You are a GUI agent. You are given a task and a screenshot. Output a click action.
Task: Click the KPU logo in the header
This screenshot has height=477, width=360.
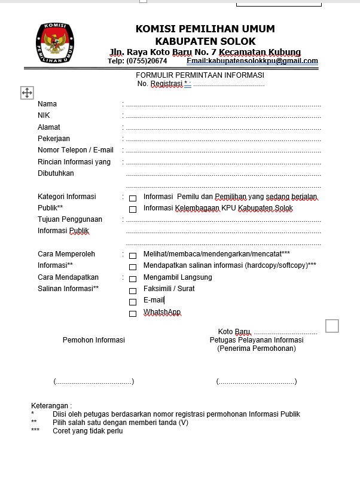point(56,43)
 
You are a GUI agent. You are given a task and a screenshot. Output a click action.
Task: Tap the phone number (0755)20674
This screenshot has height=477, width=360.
point(147,61)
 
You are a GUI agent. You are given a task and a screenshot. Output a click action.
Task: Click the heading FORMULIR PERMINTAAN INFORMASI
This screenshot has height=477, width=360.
point(200,75)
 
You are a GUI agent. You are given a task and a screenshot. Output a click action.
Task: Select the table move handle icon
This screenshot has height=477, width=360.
point(27,93)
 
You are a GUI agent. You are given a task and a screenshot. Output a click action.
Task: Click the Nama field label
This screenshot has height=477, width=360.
point(47,104)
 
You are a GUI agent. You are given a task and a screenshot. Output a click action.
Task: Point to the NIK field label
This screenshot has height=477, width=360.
point(44,115)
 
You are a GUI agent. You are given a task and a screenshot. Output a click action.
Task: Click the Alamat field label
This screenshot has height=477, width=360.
point(49,127)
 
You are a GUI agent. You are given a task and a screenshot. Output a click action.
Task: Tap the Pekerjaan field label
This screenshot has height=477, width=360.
point(54,139)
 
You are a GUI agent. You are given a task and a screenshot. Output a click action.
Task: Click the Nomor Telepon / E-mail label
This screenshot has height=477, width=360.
point(75,150)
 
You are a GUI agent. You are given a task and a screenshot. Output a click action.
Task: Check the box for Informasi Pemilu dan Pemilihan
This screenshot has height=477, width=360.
point(133,198)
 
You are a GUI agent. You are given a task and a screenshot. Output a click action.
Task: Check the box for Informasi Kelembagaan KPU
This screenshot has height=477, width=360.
point(133,209)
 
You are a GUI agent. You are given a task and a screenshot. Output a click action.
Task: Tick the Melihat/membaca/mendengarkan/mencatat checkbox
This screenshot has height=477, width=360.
point(133,255)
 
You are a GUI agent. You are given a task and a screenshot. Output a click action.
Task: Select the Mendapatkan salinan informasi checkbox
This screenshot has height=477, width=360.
point(133,267)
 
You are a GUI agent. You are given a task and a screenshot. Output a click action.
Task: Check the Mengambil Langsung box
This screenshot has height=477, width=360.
point(133,279)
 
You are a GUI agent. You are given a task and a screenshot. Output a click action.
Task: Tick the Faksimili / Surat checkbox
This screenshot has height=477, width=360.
point(133,290)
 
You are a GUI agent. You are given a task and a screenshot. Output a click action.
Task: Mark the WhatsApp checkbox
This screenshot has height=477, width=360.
point(133,313)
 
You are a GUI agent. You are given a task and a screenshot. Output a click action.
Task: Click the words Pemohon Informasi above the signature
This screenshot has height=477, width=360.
point(94,340)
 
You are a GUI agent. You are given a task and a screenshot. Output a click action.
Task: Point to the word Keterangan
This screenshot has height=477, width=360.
point(50,406)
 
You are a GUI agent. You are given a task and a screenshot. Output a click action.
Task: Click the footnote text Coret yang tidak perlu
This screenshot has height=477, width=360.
point(87,430)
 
